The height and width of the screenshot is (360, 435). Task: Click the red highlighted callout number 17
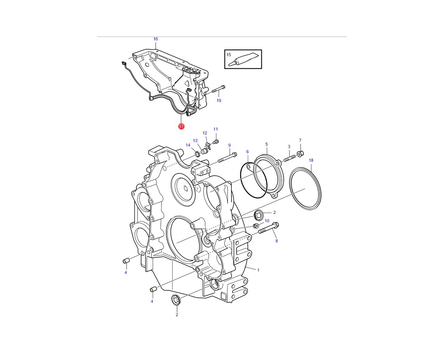point(181,126)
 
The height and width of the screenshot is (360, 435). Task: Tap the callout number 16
point(156,39)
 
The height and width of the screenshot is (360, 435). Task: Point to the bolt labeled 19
point(218,89)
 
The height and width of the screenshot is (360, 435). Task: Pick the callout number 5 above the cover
point(266,144)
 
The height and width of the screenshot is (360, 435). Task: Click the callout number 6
point(247,152)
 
